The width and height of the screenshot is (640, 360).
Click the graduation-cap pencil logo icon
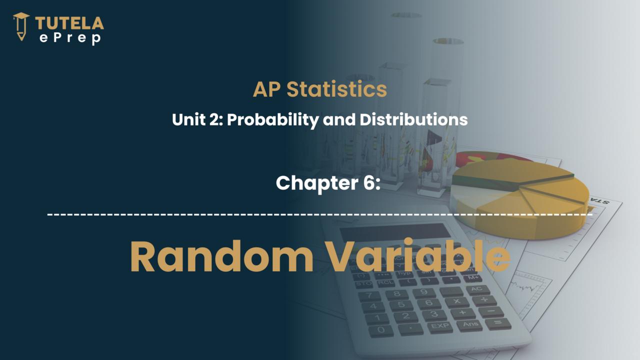[x=21, y=26]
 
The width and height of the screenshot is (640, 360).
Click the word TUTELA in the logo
[x=69, y=23]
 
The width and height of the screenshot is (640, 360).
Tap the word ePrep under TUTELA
[x=70, y=38]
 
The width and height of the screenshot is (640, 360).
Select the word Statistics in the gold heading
[x=336, y=89]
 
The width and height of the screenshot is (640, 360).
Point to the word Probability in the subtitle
[x=272, y=119]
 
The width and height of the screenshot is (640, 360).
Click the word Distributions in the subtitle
[x=413, y=119]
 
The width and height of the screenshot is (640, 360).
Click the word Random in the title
[x=222, y=256]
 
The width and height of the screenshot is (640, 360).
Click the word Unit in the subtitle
[x=189, y=119]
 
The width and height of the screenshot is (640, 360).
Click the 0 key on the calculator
[x=381, y=330]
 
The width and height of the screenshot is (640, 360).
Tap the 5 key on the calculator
[x=401, y=305]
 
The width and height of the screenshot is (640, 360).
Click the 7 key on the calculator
[x=369, y=295]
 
